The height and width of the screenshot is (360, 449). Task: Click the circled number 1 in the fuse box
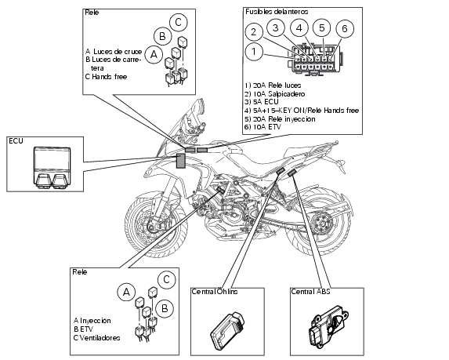(x=254, y=52)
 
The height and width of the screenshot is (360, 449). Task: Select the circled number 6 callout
(x=345, y=29)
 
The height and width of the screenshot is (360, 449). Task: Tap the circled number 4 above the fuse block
(x=299, y=28)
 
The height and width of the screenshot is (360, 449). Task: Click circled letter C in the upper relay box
(x=179, y=23)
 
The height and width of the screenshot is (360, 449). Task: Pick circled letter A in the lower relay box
(x=126, y=292)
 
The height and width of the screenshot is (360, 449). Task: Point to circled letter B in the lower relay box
(x=165, y=308)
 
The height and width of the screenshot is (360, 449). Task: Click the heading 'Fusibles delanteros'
(x=277, y=12)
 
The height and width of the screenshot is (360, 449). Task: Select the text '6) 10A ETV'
(x=263, y=127)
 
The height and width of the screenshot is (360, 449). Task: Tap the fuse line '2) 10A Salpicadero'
(x=274, y=94)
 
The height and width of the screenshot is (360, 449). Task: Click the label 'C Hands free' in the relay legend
(x=106, y=77)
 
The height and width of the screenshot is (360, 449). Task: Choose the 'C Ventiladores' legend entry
(x=96, y=338)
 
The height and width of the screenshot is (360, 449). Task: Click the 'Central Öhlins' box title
(x=215, y=292)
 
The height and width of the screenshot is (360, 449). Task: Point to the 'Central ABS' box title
(x=310, y=292)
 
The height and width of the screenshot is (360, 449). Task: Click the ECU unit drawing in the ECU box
(x=52, y=168)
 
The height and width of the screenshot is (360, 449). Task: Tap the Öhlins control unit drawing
(x=228, y=330)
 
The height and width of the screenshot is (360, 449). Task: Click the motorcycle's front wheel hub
(x=151, y=227)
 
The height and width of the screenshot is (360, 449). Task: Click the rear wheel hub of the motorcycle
(x=321, y=224)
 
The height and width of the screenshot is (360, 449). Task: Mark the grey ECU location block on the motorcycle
(x=180, y=161)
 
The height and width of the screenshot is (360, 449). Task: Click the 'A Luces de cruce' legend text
(x=114, y=52)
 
